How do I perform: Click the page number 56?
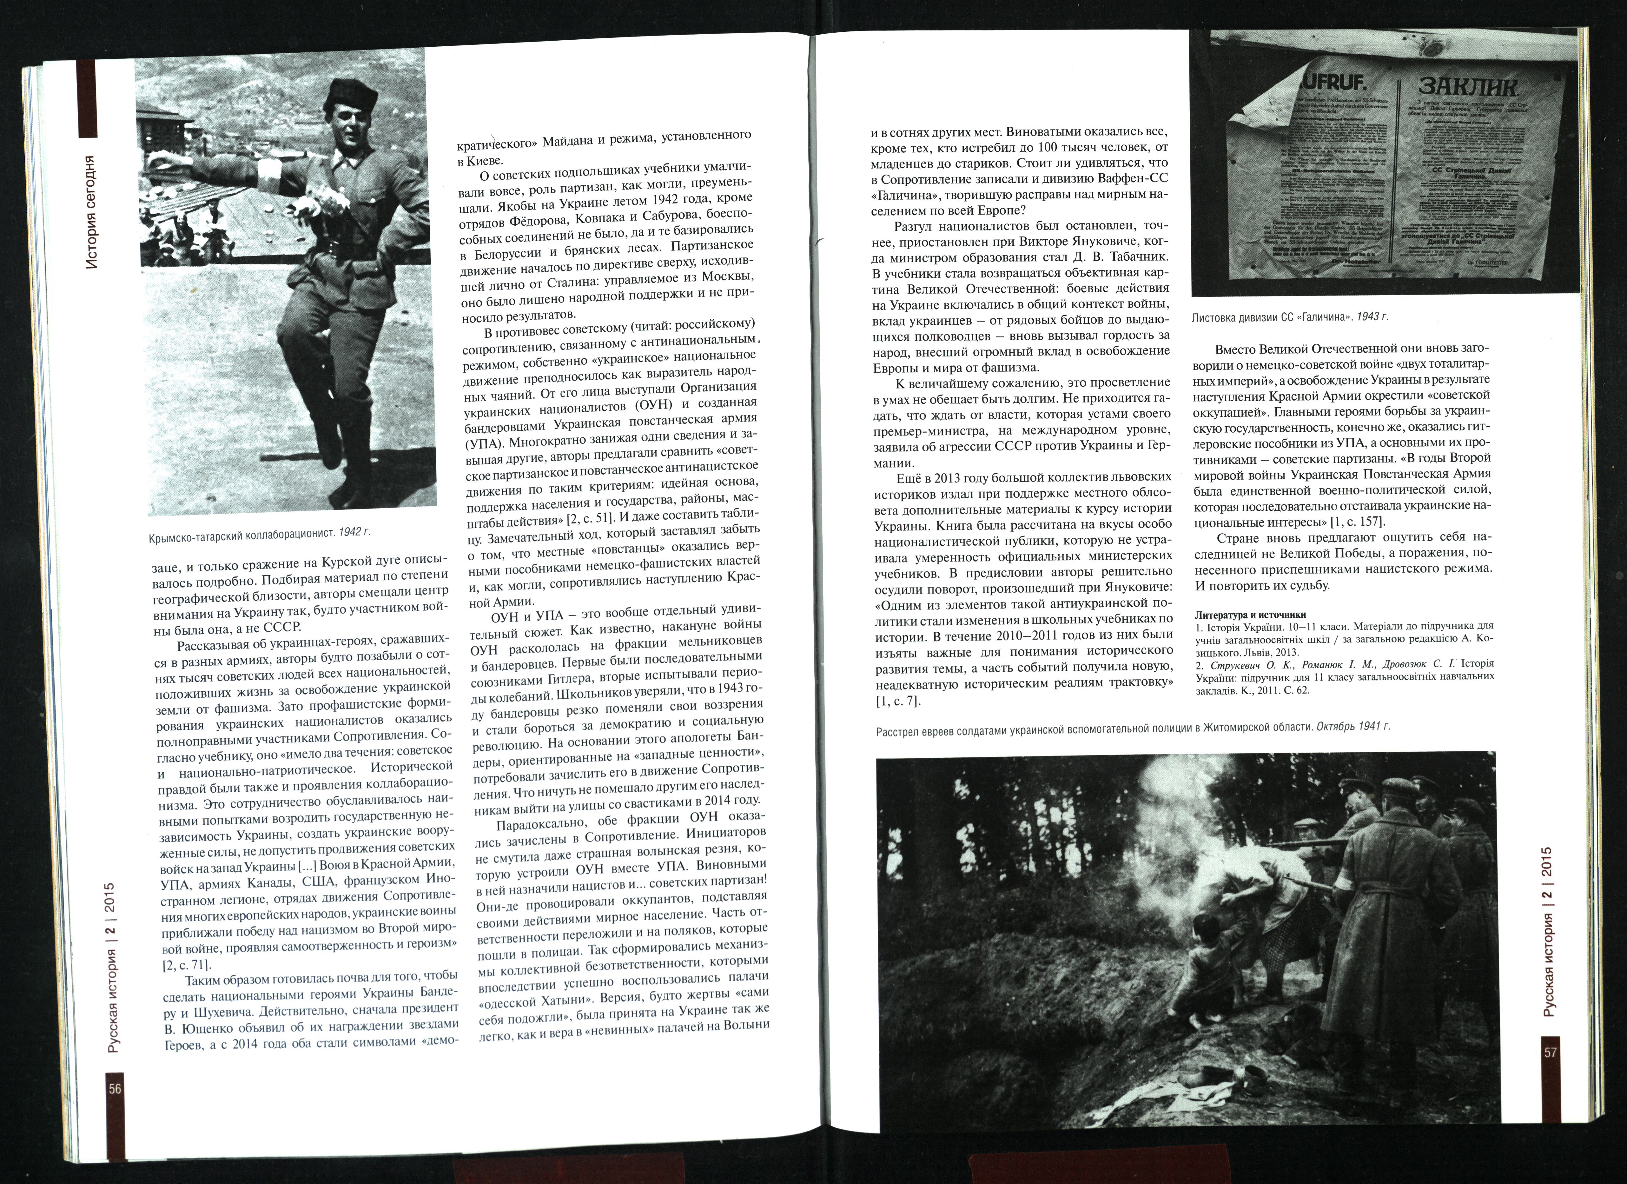click(x=115, y=1109)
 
